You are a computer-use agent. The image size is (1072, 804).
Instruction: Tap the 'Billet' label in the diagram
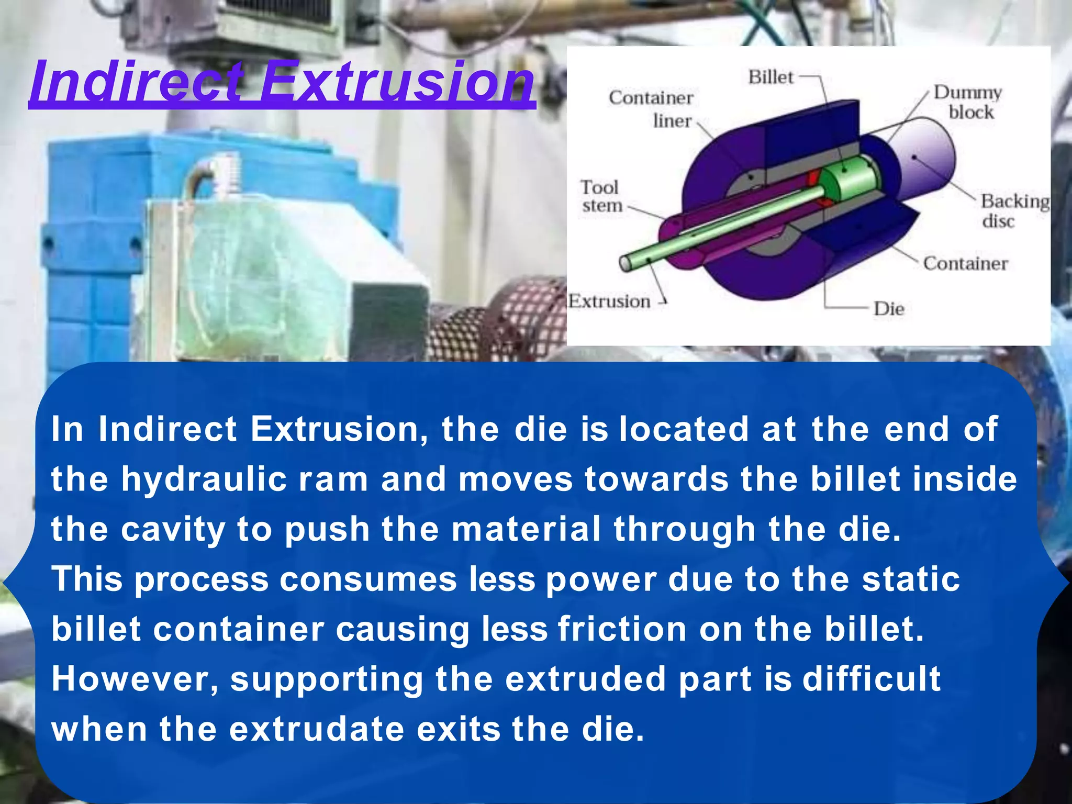pos(770,77)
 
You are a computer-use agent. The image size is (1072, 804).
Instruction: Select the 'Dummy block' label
pos(969,102)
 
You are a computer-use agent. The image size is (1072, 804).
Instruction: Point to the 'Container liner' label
pos(652,109)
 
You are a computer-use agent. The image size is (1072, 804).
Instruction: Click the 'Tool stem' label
pos(601,196)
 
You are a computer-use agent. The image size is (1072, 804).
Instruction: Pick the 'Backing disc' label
pos(1014,210)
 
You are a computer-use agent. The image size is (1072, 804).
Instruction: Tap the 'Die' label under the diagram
pos(889,309)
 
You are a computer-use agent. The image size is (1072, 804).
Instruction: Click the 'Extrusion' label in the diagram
pos(609,301)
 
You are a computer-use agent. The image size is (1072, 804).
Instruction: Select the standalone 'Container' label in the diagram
pos(965,263)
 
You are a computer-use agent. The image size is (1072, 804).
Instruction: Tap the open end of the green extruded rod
pos(626,263)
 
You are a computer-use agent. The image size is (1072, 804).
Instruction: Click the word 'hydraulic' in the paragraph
pos(204,479)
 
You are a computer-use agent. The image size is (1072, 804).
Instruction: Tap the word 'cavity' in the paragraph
pos(173,529)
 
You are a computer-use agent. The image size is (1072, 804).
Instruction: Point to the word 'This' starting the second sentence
pos(87,579)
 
